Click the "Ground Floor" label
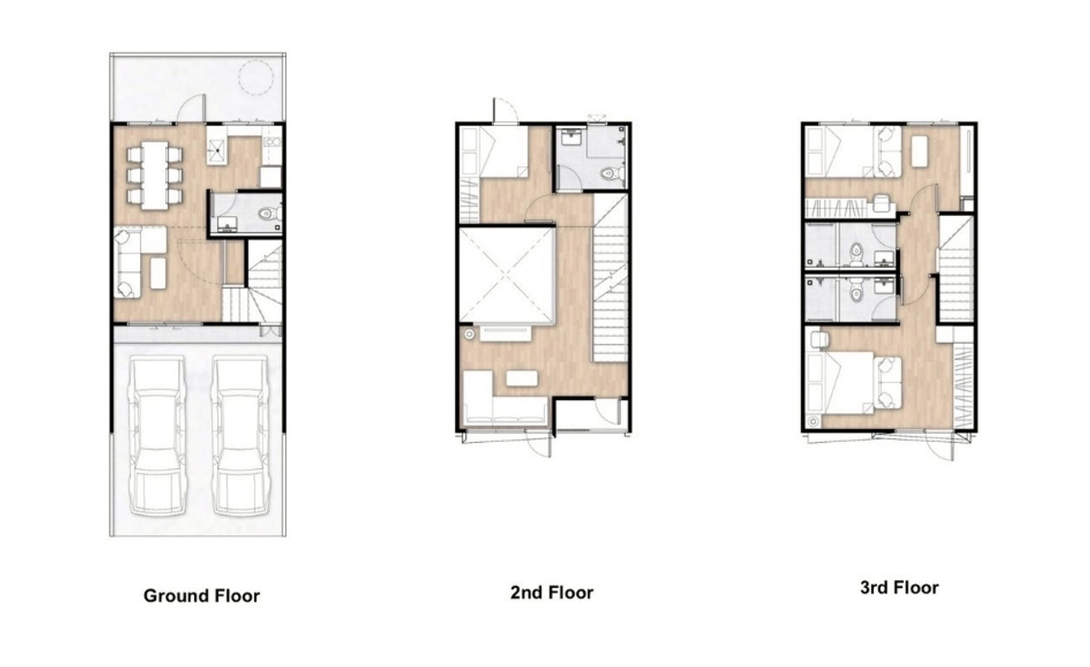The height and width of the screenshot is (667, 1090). coord(202,595)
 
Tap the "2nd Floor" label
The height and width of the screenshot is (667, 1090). coord(552,592)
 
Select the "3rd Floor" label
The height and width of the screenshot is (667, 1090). coord(899,587)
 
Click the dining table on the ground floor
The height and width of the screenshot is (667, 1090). coord(154,175)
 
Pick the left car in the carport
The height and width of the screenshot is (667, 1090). coord(157,435)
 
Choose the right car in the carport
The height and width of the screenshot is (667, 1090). coord(241,435)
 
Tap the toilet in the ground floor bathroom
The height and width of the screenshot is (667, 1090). coord(269,213)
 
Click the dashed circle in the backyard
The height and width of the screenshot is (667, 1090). coord(255,77)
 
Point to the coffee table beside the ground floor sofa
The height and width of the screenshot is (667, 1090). coord(158,273)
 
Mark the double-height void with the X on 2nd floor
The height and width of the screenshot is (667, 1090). coord(507,276)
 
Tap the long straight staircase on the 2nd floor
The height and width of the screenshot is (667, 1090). coord(609,278)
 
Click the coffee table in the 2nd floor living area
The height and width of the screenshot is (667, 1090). coord(521,378)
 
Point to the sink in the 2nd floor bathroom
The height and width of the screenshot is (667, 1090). coord(570,137)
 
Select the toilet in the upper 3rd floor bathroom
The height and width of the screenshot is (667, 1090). coord(856,254)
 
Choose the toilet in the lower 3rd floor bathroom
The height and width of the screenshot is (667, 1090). coord(856,290)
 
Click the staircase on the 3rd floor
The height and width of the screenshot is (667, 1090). coord(956,269)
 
